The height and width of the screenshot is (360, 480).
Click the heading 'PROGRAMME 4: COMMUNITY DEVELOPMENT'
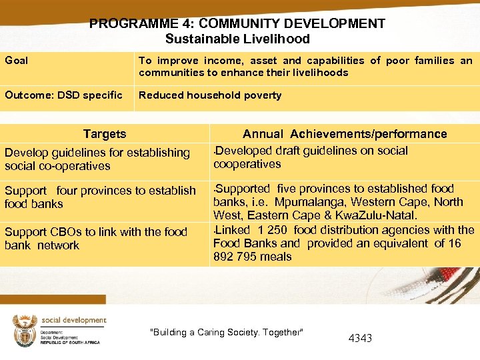(x=237, y=24)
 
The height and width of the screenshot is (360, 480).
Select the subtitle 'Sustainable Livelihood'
(x=237, y=39)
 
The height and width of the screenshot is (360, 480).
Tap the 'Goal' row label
(x=17, y=61)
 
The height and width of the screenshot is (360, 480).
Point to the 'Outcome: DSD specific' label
(x=63, y=95)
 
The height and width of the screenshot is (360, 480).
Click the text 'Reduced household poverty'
(x=210, y=95)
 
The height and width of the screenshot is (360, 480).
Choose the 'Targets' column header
(x=105, y=134)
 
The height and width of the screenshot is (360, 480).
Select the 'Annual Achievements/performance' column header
(x=345, y=134)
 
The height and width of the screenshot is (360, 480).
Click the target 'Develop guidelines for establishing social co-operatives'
(x=97, y=159)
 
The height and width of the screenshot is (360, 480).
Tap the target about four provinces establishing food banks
(x=100, y=197)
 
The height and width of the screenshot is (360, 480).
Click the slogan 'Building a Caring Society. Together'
(x=227, y=332)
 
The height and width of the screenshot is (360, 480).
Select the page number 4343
(x=360, y=338)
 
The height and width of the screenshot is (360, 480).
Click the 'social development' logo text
(x=73, y=321)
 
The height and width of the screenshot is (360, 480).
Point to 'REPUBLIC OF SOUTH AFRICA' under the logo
(x=70, y=342)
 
